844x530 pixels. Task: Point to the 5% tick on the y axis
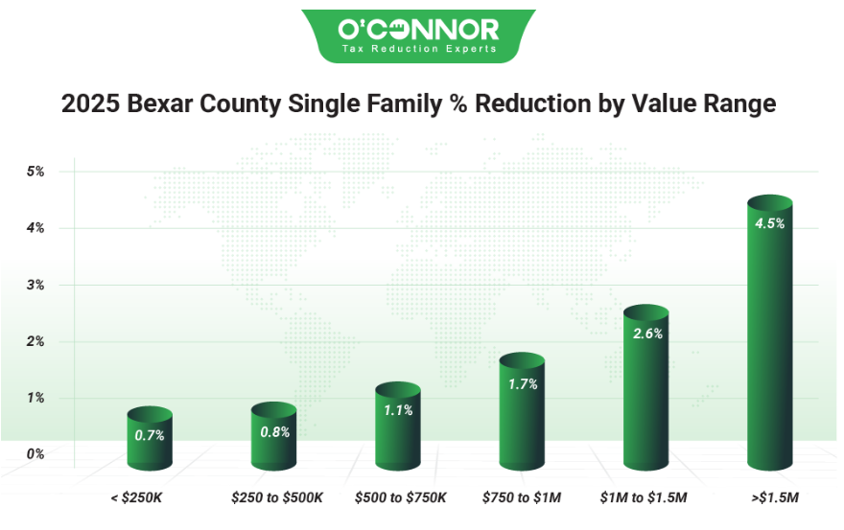(x=36, y=172)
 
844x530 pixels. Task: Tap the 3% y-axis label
(x=36, y=285)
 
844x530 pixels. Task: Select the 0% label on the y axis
(x=36, y=454)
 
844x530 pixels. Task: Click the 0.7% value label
(x=150, y=435)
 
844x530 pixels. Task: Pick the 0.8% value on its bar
(x=274, y=431)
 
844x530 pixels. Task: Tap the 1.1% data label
(x=398, y=410)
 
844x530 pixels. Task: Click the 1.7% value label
(x=523, y=384)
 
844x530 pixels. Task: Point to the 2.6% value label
(x=646, y=334)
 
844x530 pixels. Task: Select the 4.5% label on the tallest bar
(x=769, y=224)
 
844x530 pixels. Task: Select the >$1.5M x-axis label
(x=770, y=498)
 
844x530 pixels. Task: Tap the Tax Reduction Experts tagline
(x=418, y=49)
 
